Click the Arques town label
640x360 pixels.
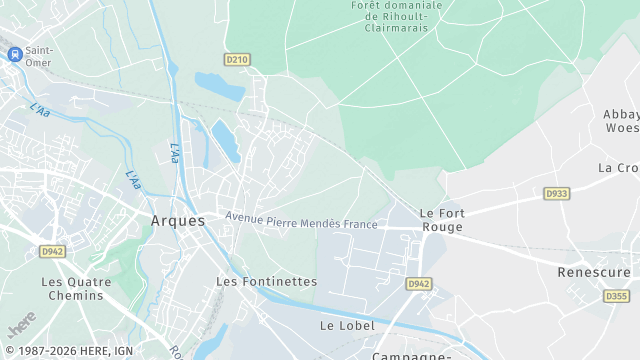(x=177, y=220)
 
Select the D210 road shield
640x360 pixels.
(x=236, y=60)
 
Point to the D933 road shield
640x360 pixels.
(x=556, y=193)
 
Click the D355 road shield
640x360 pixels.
(x=616, y=296)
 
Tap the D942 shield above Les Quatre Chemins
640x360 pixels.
(x=52, y=252)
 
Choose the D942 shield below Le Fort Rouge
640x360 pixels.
(x=418, y=285)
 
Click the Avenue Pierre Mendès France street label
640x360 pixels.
(x=301, y=221)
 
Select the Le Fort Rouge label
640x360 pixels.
(x=441, y=220)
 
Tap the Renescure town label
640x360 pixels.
(x=594, y=272)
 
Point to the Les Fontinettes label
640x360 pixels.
(x=266, y=282)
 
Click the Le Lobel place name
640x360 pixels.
(x=347, y=326)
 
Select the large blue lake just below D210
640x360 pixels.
(x=219, y=87)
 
